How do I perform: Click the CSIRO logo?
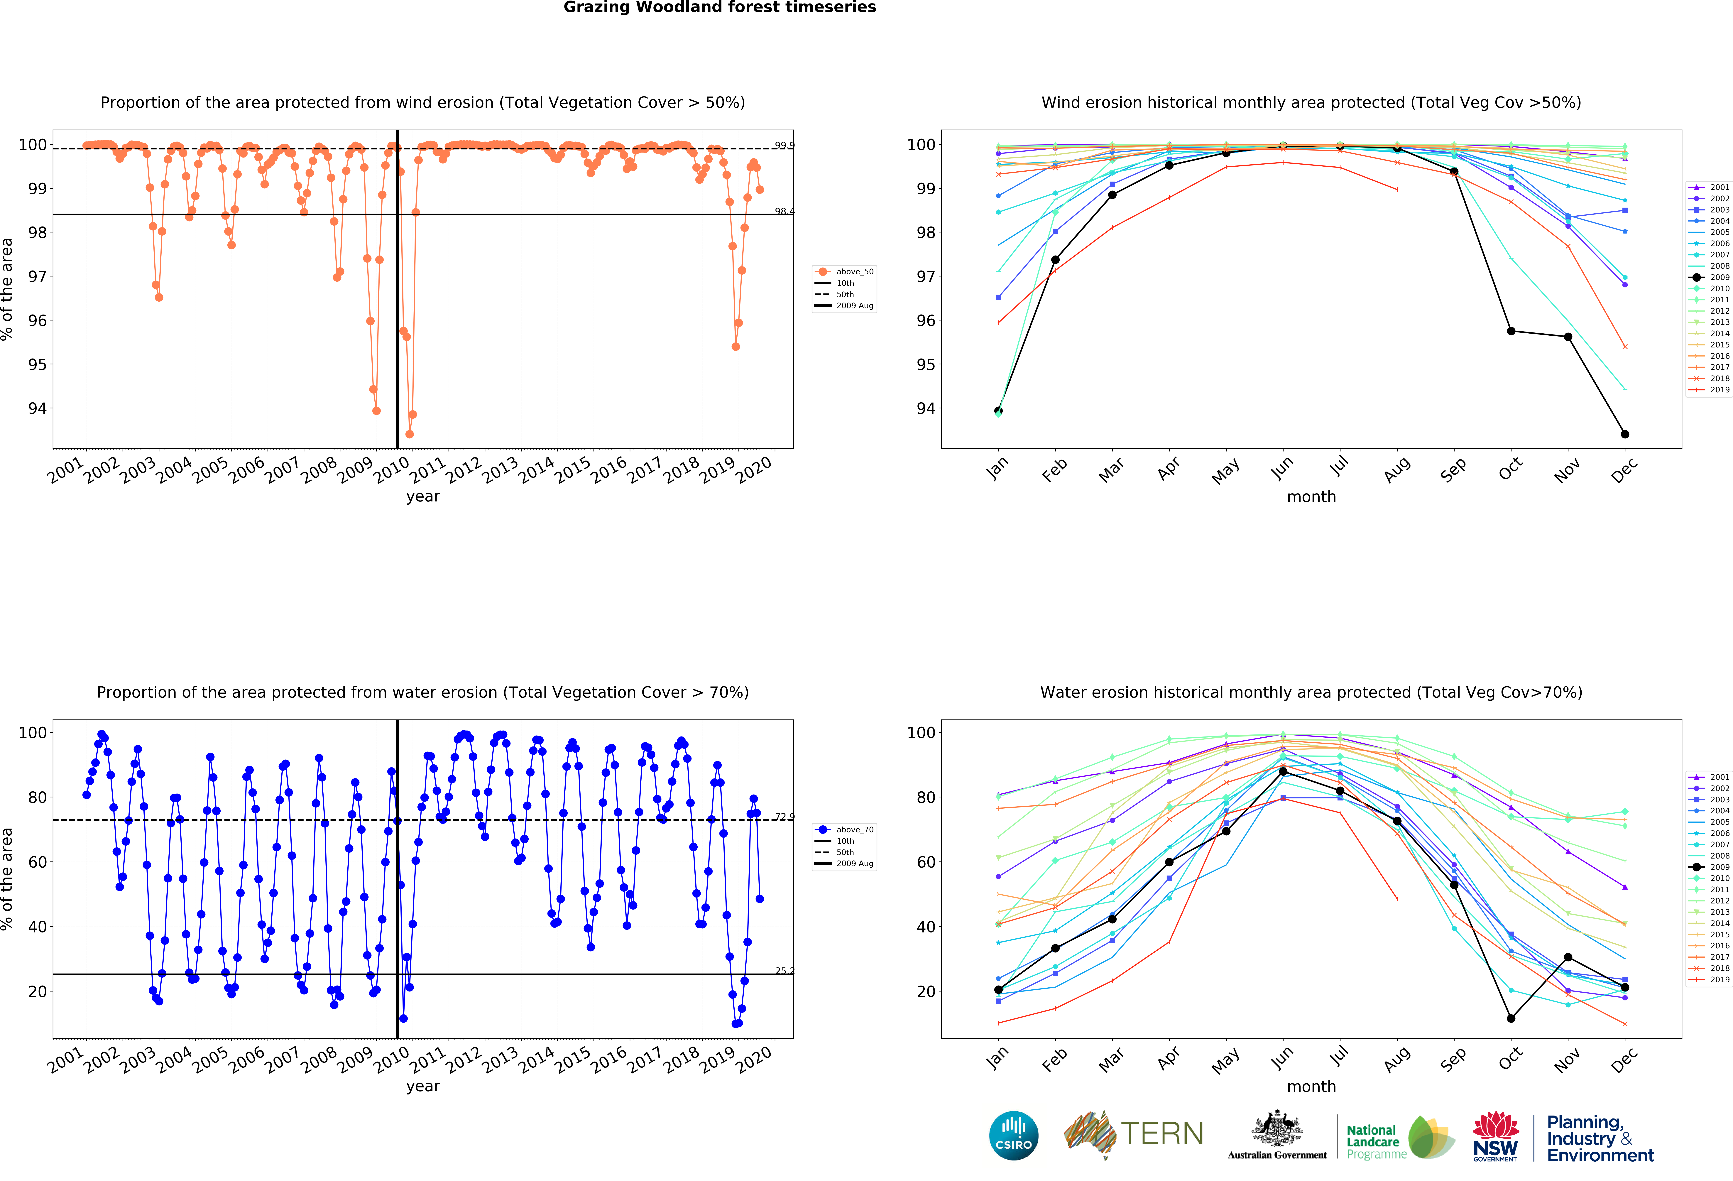1013,1136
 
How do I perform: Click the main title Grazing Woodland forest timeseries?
720,7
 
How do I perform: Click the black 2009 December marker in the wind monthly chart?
1625,434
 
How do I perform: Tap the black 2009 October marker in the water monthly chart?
1511,1018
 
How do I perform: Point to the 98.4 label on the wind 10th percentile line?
784,211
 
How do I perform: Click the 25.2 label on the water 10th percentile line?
784,971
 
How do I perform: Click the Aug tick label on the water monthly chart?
1397,1059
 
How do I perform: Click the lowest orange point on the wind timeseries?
409,434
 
